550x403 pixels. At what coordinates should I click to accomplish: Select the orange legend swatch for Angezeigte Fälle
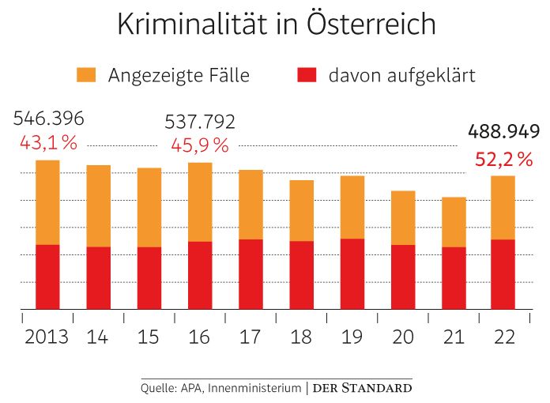(85, 76)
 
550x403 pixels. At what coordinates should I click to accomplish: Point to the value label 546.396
(49, 119)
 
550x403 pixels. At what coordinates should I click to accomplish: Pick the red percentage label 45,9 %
(200, 145)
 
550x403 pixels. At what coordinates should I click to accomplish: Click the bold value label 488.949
(503, 131)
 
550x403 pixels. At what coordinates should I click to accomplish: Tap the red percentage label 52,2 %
(503, 160)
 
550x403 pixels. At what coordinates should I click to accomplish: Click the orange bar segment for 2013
(47, 202)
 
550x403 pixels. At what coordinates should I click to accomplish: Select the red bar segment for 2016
(200, 275)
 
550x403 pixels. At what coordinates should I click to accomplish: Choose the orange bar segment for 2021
(454, 222)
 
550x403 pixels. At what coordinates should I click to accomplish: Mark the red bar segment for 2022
(504, 274)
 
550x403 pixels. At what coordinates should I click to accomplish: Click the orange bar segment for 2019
(352, 207)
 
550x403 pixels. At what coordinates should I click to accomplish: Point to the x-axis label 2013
(47, 336)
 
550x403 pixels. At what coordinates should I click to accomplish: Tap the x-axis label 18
(301, 336)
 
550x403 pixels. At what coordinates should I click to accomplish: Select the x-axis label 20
(403, 336)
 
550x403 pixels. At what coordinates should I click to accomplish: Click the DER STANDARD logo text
(361, 388)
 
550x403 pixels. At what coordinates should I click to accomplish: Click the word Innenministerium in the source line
(254, 388)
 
